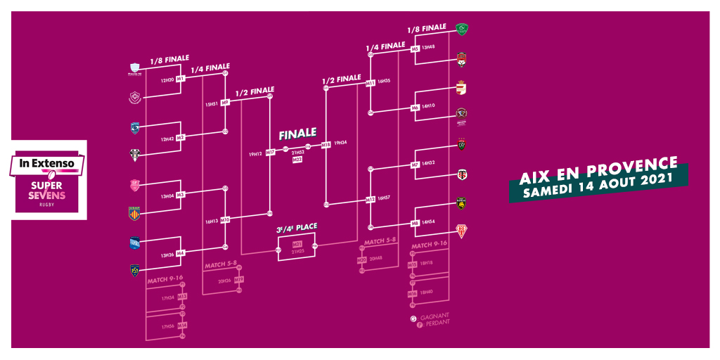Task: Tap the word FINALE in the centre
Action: click(x=297, y=134)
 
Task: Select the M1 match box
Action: click(x=181, y=79)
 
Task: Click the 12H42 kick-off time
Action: click(x=167, y=139)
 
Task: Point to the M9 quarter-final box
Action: click(x=225, y=103)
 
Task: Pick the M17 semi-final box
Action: click(x=270, y=153)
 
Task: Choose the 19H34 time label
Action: click(x=340, y=143)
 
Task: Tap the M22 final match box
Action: click(x=297, y=160)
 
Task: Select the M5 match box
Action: click(x=415, y=48)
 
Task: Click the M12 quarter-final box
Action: click(x=370, y=199)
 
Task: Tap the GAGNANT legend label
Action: click(x=434, y=316)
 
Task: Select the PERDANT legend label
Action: click(x=434, y=323)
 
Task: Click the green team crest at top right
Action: click(x=462, y=30)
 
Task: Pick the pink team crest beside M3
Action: click(x=134, y=185)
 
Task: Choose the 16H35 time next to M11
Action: click(x=384, y=82)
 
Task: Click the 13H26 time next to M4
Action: click(x=167, y=255)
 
